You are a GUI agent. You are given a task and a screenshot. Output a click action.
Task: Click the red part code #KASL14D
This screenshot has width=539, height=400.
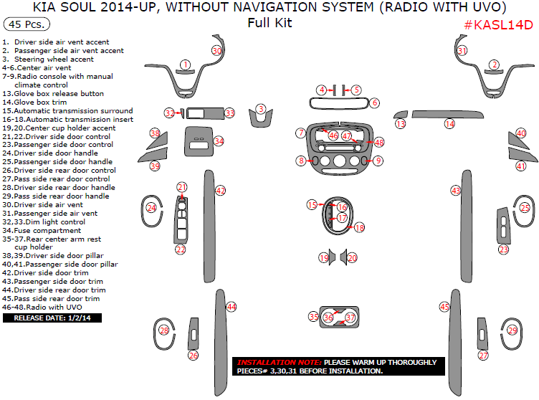[x=498, y=25]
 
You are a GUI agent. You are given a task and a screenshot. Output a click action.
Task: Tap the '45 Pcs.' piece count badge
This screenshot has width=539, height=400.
[x=27, y=24]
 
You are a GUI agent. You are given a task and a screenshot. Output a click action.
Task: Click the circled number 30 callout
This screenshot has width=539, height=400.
[x=216, y=51]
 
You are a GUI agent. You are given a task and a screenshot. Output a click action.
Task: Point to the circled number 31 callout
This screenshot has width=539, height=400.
[x=462, y=51]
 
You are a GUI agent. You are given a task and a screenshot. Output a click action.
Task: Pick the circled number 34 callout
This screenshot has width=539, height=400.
[x=219, y=142]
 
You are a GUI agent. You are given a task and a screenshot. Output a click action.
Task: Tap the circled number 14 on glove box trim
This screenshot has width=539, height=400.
[x=449, y=124]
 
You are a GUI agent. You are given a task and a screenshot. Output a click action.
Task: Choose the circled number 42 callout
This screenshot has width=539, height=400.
[x=221, y=191]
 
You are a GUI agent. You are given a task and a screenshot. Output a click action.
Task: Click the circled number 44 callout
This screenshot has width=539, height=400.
[x=231, y=307]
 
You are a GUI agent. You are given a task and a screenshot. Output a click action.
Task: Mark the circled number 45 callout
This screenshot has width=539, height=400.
[x=444, y=307]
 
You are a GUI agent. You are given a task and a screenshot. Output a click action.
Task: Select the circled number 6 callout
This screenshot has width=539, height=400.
[x=375, y=103]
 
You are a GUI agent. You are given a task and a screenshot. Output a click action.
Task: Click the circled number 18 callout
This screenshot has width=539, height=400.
[x=359, y=227]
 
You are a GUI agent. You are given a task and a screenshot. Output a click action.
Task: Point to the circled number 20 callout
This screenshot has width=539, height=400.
[x=352, y=257]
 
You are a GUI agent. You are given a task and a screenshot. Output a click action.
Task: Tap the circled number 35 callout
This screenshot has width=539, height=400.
[x=313, y=316]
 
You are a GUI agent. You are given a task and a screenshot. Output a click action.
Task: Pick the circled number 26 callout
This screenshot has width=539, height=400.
[x=193, y=355]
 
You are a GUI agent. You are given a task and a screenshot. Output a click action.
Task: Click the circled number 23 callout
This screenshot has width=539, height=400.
[x=504, y=249]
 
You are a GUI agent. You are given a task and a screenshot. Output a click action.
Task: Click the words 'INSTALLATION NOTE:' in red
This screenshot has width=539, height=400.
[x=279, y=363]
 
